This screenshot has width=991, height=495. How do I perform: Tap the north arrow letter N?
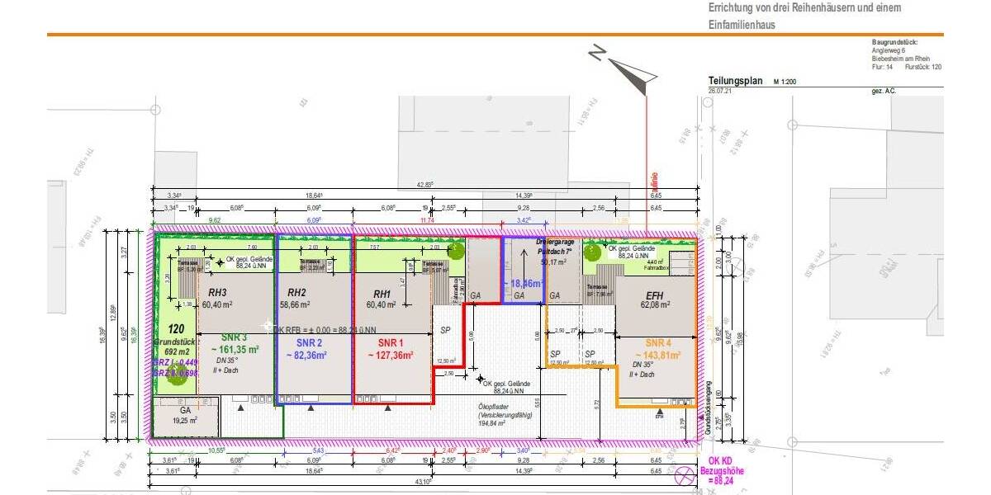coord(596,54)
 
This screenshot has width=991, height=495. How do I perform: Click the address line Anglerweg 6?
coord(890,50)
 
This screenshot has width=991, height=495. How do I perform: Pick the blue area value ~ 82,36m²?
coord(306,356)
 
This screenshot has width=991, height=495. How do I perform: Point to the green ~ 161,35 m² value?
coord(235,350)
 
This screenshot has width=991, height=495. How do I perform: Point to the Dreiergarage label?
coord(553,243)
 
